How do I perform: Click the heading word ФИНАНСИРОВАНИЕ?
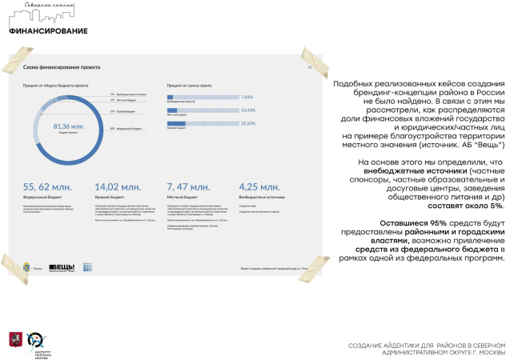click(x=48, y=31)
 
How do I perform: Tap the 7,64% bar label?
click(x=247, y=97)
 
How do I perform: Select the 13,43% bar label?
click(x=247, y=110)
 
